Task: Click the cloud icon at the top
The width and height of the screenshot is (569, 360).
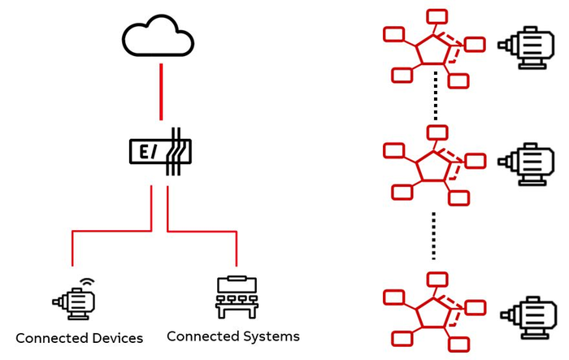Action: click(159, 37)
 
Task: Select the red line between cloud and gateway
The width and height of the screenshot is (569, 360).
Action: click(162, 89)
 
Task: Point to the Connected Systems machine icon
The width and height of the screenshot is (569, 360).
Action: click(236, 297)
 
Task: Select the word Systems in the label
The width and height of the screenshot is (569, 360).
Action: click(271, 336)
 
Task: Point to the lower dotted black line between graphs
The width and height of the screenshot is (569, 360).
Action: click(434, 236)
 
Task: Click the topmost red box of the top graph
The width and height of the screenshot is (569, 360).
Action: click(437, 15)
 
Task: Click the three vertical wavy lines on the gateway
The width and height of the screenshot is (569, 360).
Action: click(175, 151)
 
